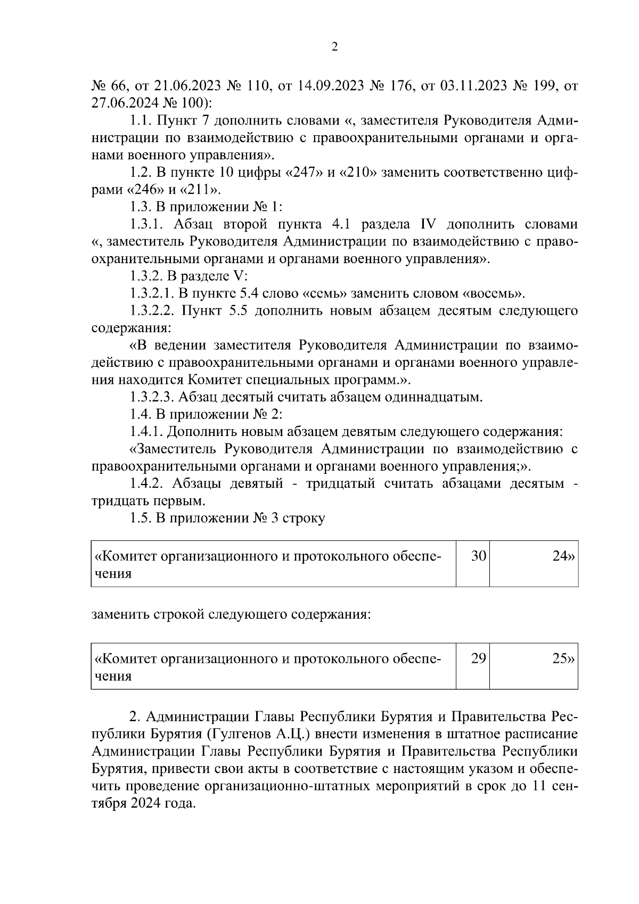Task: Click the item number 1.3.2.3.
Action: point(152,397)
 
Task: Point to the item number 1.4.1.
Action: point(145,431)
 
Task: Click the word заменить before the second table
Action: point(120,614)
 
